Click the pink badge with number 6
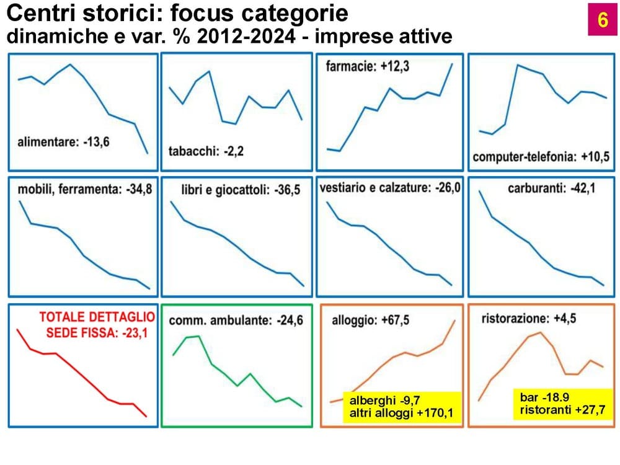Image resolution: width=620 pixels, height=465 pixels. point(603,19)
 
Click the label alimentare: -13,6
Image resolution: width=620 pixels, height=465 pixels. point(63,141)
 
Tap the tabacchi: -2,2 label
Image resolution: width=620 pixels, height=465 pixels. point(206,151)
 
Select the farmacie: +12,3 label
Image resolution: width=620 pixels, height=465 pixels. point(367,66)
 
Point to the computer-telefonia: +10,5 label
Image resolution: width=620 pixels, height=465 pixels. point(541,157)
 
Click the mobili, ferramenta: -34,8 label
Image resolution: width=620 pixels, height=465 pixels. point(84,189)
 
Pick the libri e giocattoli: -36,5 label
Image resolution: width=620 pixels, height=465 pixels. point(241,190)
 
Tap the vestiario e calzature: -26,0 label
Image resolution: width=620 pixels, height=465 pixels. point(390,187)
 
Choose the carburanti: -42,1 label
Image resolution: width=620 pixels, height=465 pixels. point(552,188)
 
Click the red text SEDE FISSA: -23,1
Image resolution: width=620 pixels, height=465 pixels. point(97,333)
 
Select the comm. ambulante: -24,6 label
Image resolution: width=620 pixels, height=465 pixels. point(236,320)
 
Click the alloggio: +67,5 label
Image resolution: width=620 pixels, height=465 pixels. point(371,320)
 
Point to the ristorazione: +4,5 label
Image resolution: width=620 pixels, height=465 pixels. point(529,318)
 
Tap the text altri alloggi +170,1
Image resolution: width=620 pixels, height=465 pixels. point(401,413)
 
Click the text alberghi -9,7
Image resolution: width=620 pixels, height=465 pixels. point(384,401)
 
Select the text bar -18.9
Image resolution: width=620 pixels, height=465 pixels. point(544,397)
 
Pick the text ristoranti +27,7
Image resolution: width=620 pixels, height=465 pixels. point(562,410)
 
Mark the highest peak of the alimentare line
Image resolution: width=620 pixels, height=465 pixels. point(70,64)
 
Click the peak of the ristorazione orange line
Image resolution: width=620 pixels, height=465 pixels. point(540,333)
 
